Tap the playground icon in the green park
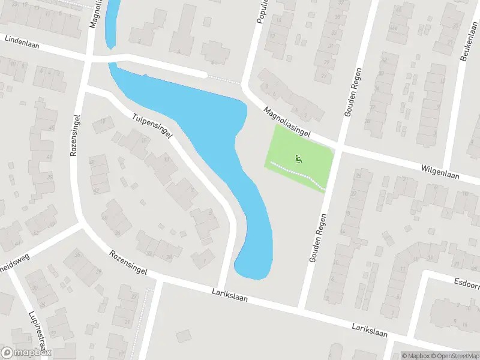click(298, 159)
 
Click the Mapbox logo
click(26, 353)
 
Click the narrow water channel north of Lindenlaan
click(111, 24)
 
